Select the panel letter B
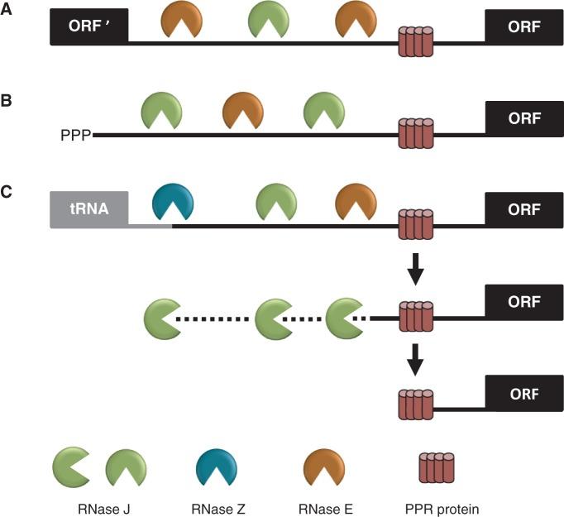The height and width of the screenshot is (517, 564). point(7,103)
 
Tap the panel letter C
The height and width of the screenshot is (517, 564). point(7,193)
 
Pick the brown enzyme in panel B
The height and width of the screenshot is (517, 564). point(244,110)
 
